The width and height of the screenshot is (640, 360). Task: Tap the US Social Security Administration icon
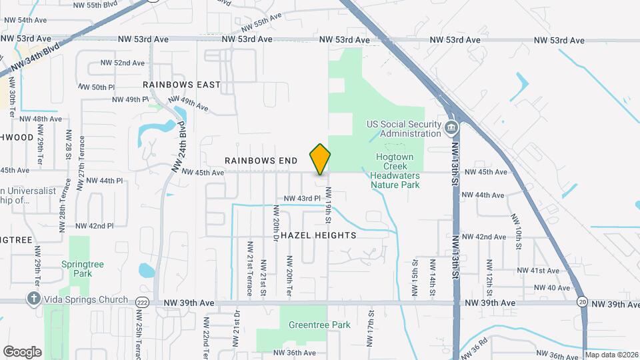[x=451, y=127]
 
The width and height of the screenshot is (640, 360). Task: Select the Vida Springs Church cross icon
[x=34, y=299]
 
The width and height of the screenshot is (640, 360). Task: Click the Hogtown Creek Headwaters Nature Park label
[x=395, y=171]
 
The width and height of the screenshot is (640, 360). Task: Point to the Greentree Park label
[x=319, y=325]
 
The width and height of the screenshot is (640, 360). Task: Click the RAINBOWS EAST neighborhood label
[x=181, y=85]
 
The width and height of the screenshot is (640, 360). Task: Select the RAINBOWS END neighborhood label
[x=261, y=161]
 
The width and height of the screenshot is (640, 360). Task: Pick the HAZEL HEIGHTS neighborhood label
[x=318, y=235]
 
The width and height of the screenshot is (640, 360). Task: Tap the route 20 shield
[x=582, y=301]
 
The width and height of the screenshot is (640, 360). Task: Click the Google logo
[x=22, y=351]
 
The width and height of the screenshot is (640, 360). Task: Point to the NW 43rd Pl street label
[x=303, y=199]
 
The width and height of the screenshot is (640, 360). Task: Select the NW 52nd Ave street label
[x=123, y=63]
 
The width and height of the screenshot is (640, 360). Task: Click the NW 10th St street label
[x=517, y=231]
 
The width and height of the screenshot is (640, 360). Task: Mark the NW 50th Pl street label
[x=97, y=87]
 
